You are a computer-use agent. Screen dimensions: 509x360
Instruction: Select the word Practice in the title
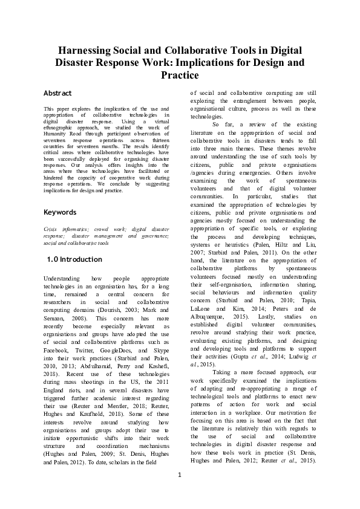coord(180,76)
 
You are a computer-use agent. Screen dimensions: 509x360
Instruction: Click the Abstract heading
coord(58,93)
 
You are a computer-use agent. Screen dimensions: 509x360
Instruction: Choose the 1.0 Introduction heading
coord(74,259)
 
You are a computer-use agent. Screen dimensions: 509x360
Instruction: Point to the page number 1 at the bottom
coord(180,490)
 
